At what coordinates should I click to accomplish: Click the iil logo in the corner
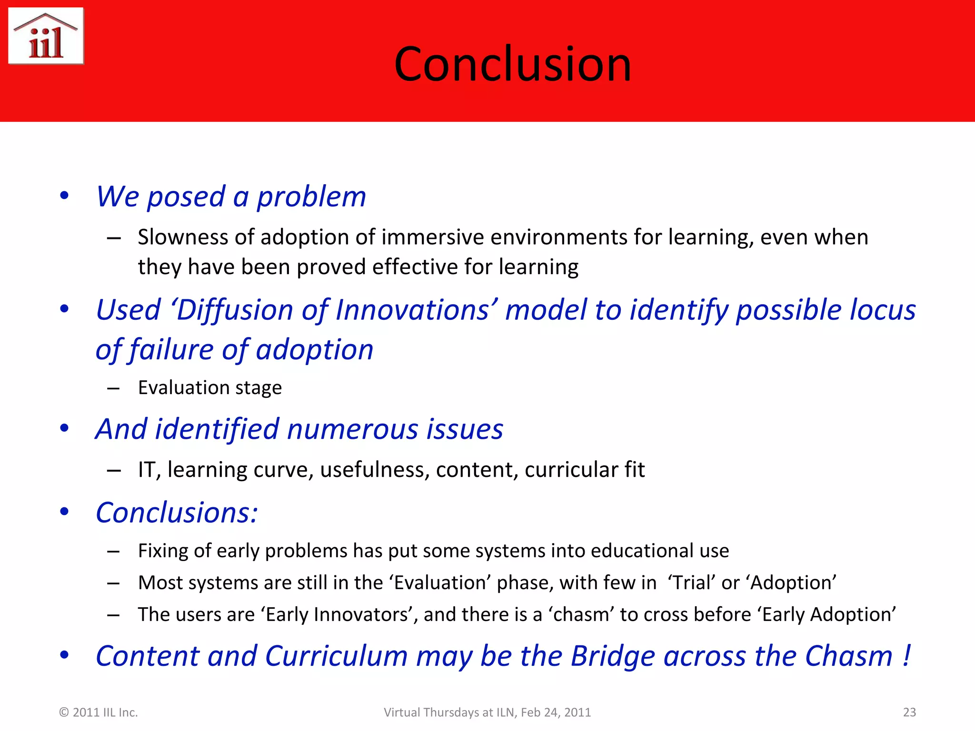coord(46,36)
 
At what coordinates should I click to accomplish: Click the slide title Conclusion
coord(513,64)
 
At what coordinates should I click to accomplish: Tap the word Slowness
coord(179,237)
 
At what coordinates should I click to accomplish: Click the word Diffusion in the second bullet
coord(235,310)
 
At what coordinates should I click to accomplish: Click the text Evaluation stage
coord(209,387)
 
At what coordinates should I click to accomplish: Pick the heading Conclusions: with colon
coord(177,513)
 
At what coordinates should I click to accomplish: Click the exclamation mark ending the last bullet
coord(906,656)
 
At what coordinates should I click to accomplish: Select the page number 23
coord(909,712)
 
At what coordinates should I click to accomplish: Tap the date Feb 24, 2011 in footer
coord(556,712)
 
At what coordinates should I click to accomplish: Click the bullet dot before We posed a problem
coord(64,196)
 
